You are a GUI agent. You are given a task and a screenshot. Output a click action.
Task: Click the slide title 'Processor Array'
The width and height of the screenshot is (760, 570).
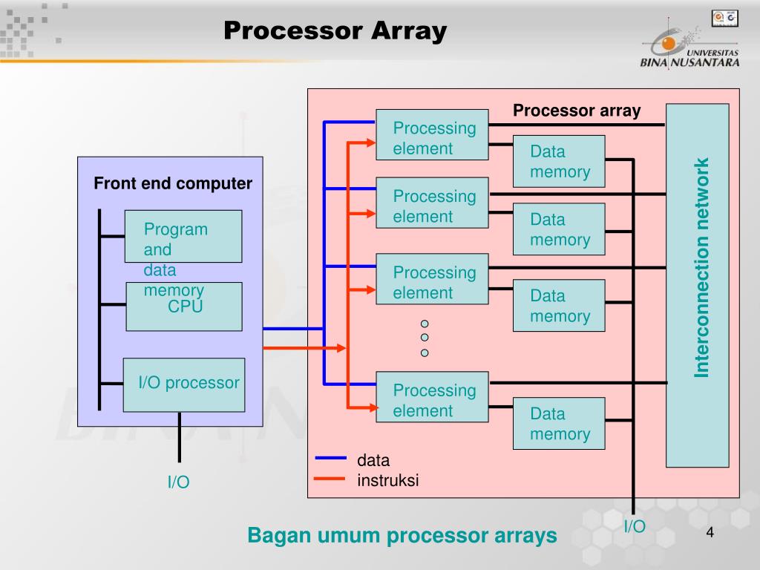(335, 31)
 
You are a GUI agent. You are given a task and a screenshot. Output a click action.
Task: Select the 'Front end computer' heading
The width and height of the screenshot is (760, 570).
(173, 183)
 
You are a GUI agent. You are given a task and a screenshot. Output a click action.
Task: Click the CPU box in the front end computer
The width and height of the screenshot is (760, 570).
(184, 307)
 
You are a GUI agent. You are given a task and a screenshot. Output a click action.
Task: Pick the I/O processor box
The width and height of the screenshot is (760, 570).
(184, 385)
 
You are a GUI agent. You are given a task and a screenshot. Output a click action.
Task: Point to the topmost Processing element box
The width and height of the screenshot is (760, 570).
(433, 135)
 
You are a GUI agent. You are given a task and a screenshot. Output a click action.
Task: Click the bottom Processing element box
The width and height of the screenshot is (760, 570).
(433, 397)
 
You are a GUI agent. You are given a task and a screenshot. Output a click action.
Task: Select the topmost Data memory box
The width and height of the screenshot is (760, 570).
(559, 161)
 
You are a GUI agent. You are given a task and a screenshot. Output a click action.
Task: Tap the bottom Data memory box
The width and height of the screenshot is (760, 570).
(559, 424)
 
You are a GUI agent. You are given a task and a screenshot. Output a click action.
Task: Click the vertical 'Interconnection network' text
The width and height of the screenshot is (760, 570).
(701, 267)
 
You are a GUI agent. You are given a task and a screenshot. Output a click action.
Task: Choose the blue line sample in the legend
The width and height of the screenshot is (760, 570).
(330, 457)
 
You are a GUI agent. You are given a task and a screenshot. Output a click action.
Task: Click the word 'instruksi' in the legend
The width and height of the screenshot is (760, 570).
(387, 480)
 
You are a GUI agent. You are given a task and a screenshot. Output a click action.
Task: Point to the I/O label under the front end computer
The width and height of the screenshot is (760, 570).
(178, 482)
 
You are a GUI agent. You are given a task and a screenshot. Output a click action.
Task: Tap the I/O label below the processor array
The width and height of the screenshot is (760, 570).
(635, 526)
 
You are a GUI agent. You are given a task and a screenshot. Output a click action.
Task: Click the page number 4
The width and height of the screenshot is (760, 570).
(710, 532)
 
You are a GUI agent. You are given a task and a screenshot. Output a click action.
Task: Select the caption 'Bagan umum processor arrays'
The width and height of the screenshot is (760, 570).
(402, 536)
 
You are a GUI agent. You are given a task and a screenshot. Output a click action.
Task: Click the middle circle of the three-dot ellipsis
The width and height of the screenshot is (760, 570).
(425, 338)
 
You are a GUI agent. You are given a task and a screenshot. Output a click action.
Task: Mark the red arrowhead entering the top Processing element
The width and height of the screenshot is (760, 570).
(371, 142)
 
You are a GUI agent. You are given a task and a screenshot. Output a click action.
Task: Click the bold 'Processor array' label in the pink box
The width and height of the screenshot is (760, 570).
(577, 111)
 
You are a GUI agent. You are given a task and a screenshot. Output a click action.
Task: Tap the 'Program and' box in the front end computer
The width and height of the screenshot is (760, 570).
(183, 237)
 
